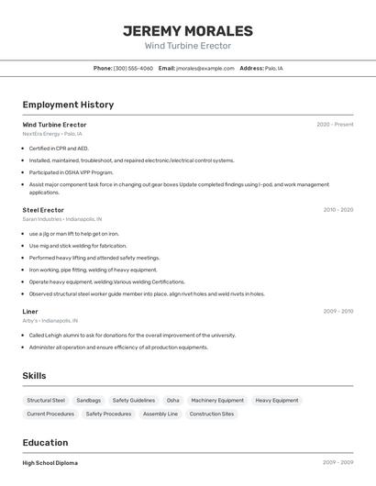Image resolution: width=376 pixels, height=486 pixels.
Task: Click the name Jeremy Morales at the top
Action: tap(187, 30)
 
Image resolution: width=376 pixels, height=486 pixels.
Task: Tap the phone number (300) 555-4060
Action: tap(133, 68)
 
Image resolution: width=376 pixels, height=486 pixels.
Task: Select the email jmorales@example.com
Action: tap(205, 68)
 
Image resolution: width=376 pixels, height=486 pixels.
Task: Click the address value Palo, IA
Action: tap(274, 68)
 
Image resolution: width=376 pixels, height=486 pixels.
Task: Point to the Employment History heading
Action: tap(68, 105)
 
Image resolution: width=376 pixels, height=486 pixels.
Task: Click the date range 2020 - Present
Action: tap(335, 125)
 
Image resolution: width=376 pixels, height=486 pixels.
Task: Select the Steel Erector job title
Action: tap(43, 210)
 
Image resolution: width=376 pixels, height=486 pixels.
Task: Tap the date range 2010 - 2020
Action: tap(337, 210)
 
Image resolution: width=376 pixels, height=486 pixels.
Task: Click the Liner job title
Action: tap(30, 311)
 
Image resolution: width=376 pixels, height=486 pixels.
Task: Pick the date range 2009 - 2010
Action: tap(337, 311)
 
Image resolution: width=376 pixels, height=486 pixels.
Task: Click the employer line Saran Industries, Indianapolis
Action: tap(62, 219)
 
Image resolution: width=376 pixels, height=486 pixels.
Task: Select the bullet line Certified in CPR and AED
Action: tap(59, 148)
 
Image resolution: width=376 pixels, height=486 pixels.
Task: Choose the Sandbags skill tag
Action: tap(89, 400)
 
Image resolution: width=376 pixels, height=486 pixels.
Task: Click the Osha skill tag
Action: tap(172, 400)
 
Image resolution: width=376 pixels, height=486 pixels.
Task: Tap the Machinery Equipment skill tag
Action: tap(217, 400)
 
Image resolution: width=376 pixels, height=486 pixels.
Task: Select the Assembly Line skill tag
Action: tap(160, 414)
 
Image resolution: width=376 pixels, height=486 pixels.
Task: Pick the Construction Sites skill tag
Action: tap(212, 414)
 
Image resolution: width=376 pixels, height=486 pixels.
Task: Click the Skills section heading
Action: tap(34, 376)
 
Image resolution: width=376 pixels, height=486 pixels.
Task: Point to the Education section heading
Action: tap(46, 442)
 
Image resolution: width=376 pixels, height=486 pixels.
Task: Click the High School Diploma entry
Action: tap(50, 463)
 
